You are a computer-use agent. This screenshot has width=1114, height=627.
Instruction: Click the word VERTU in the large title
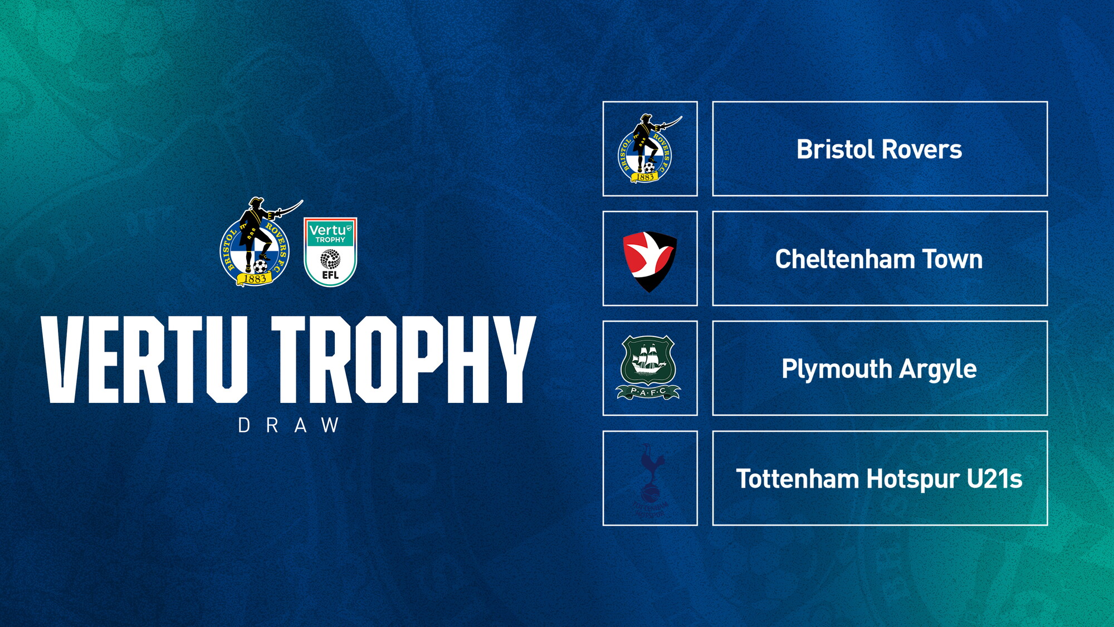145,359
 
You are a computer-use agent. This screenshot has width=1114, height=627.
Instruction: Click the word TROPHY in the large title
403,359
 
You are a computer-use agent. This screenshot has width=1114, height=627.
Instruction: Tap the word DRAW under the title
289,426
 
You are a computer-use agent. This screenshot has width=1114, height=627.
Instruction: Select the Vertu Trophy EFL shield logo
330,252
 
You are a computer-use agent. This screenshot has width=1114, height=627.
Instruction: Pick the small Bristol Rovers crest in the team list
648,149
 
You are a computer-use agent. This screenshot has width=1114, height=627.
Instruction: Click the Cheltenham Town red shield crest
649,260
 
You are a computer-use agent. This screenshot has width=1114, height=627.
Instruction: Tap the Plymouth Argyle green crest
648,367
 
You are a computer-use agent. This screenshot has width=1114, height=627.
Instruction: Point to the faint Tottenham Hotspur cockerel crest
650,479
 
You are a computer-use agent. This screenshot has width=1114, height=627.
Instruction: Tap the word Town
952,259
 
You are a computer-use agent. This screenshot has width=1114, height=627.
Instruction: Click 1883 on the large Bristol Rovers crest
255,279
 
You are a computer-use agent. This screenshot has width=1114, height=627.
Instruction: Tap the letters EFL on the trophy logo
330,275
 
